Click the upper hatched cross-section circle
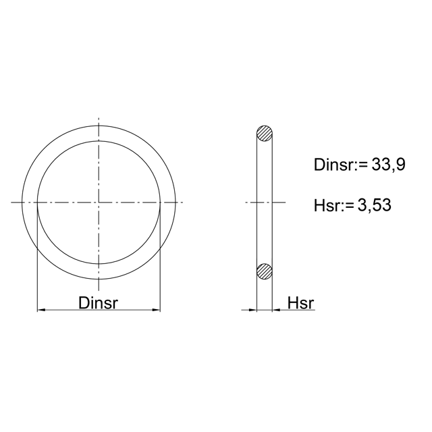[265, 134]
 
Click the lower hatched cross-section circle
[265, 271]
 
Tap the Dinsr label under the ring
[98, 303]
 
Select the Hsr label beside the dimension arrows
[300, 303]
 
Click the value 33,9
[389, 165]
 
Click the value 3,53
[375, 205]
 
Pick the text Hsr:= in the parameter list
[334, 205]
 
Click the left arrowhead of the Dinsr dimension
[41, 310]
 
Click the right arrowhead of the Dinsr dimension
[156, 310]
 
